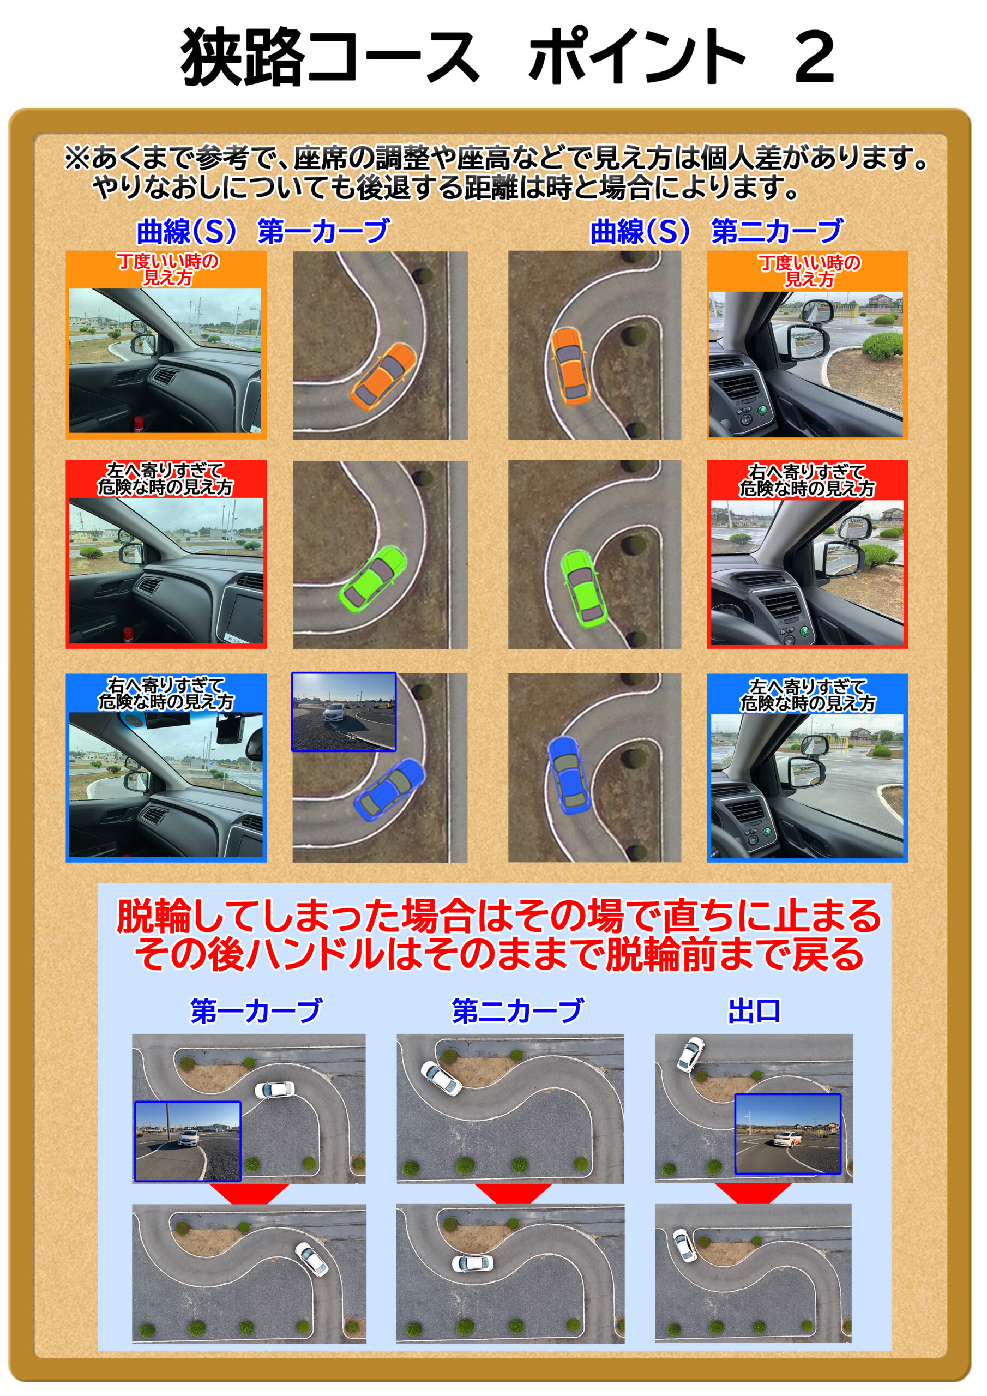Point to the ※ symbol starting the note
click(x=77, y=159)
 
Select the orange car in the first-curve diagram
click(x=384, y=375)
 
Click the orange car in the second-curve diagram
click(x=570, y=365)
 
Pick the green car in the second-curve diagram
click(x=582, y=588)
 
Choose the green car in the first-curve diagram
click(x=372, y=578)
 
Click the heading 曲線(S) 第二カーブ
click(x=717, y=232)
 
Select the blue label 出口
click(x=754, y=1010)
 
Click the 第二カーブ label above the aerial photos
click(x=517, y=1010)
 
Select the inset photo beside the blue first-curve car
click(x=344, y=712)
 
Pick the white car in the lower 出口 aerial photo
click(x=684, y=1244)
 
